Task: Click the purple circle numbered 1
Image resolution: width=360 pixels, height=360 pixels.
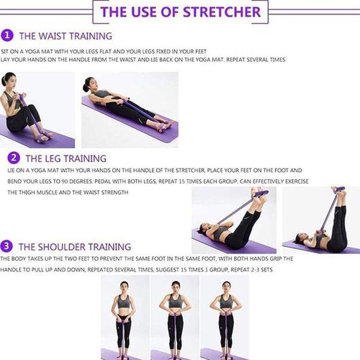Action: pos(7,35)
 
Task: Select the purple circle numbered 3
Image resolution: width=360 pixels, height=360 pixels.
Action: pos(7,246)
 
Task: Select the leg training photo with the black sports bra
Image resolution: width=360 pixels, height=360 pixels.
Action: pos(235,220)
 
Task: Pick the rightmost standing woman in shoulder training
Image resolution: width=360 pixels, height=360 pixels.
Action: pos(224,317)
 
